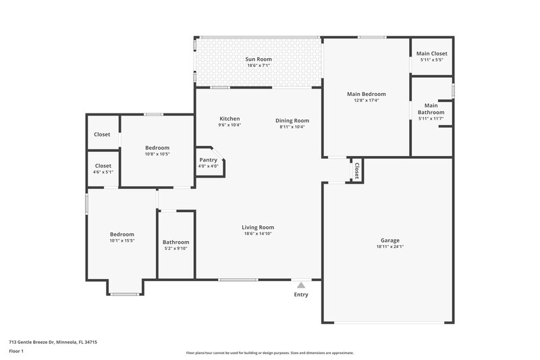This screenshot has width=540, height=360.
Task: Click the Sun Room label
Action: [x=259, y=59]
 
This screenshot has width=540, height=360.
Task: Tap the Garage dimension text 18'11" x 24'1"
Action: [x=389, y=247]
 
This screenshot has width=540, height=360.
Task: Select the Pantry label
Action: [x=208, y=160]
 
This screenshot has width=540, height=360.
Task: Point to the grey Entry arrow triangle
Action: [x=301, y=286]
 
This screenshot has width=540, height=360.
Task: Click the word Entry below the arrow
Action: [x=301, y=294]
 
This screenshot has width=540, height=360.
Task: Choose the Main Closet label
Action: [x=431, y=53]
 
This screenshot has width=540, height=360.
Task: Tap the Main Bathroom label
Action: [x=431, y=109]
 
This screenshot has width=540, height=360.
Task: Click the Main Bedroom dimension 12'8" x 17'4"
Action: [x=367, y=101]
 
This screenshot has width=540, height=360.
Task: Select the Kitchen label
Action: [x=229, y=119]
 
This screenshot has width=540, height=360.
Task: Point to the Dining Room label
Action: [x=292, y=121]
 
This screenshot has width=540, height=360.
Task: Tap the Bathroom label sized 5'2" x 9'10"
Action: [x=175, y=242]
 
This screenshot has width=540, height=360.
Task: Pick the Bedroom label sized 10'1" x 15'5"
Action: [x=122, y=234]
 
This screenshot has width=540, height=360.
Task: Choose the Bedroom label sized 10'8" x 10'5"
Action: [x=157, y=148]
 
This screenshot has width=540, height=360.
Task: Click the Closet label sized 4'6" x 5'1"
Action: [x=103, y=165]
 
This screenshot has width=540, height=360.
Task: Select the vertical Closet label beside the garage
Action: [x=356, y=170]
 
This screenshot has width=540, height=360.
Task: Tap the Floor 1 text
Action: [x=16, y=352]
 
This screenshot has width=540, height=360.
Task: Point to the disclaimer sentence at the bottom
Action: [x=269, y=353]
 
